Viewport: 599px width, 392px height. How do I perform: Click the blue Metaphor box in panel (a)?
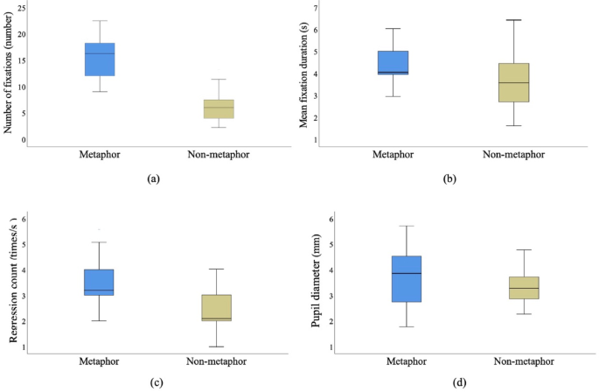click(100, 59)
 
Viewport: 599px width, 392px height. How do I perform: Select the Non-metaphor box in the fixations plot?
click(219, 108)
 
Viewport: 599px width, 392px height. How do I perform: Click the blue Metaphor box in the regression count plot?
click(99, 283)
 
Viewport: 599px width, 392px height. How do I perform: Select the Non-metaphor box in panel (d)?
click(512, 288)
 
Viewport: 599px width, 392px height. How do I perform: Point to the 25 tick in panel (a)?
click(22, 8)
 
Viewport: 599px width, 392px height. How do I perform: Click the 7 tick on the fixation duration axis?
click(316, 8)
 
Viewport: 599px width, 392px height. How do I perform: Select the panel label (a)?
click(153, 178)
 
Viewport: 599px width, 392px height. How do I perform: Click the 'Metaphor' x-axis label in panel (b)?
click(394, 155)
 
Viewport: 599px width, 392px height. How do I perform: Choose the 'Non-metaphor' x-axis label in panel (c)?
click(217, 362)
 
